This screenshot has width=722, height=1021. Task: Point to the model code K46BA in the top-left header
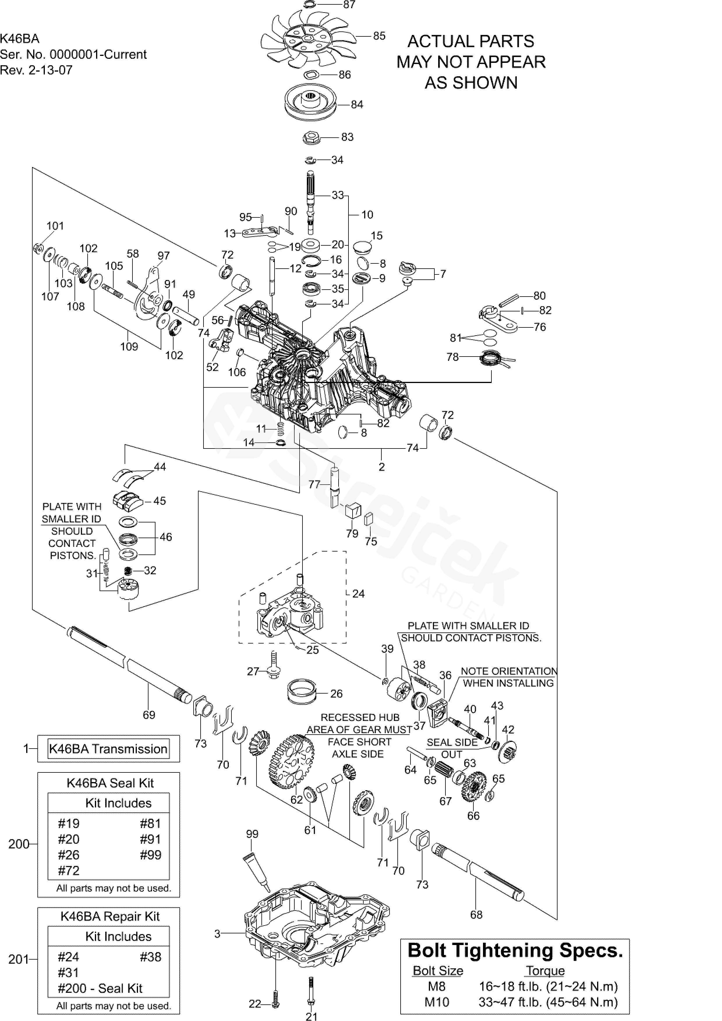tap(20, 39)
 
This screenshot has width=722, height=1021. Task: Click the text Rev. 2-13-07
tap(36, 70)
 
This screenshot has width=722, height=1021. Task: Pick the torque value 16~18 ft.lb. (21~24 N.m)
tap(548, 986)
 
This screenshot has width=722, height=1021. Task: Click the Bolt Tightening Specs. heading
tap(515, 950)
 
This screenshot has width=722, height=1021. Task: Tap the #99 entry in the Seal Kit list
tap(150, 855)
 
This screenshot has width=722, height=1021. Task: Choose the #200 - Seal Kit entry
tap(100, 988)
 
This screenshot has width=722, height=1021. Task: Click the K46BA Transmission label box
tap(108, 749)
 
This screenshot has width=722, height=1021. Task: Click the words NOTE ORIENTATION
tap(509, 671)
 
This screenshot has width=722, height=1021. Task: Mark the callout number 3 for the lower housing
tap(217, 934)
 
